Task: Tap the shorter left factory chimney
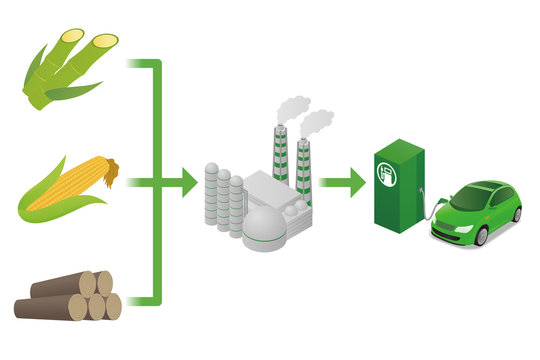pos(280,156)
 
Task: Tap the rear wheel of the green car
pos(517,213)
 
